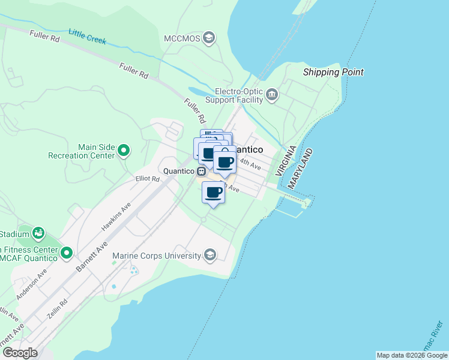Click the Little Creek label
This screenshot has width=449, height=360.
(x=87, y=37)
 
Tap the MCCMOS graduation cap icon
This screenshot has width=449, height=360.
(x=209, y=38)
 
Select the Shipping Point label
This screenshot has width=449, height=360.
(x=333, y=73)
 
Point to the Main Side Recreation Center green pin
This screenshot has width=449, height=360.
(x=124, y=150)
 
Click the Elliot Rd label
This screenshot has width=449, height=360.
(x=147, y=179)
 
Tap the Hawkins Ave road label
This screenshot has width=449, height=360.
(x=116, y=216)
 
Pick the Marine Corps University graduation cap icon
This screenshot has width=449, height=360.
(x=209, y=256)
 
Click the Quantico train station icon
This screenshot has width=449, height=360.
(x=202, y=170)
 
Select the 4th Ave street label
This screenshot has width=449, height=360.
(x=250, y=163)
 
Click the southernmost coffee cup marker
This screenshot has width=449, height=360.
(x=214, y=193)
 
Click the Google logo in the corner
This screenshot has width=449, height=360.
(x=20, y=353)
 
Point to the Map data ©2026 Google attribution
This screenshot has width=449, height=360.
(x=412, y=355)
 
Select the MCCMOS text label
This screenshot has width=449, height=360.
(x=181, y=38)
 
